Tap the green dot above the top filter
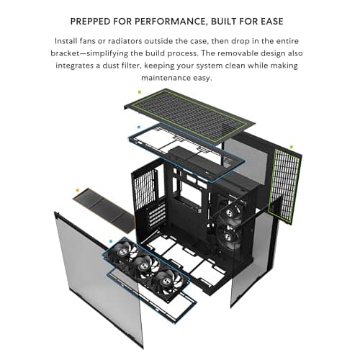[138, 91]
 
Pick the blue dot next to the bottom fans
[110, 242]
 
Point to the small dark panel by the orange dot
[108, 208]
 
